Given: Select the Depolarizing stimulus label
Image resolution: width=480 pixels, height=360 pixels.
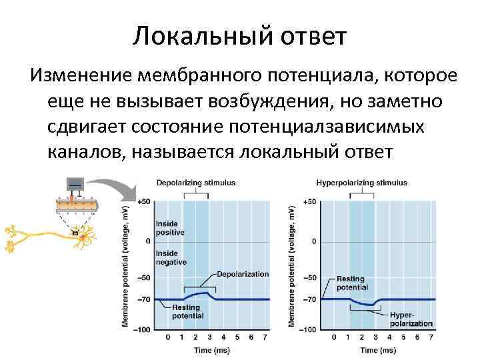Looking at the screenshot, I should point(195,182).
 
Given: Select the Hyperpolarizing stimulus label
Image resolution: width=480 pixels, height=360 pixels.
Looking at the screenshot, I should point(361,182).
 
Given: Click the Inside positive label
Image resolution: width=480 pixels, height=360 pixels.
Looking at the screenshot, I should point(170,228).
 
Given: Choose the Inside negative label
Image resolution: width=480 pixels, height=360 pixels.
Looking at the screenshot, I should point(170,258).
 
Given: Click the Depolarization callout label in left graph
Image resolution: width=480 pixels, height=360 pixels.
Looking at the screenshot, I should point(243,274).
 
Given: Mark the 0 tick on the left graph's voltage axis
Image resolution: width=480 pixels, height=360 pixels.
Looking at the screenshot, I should point(148,240).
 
